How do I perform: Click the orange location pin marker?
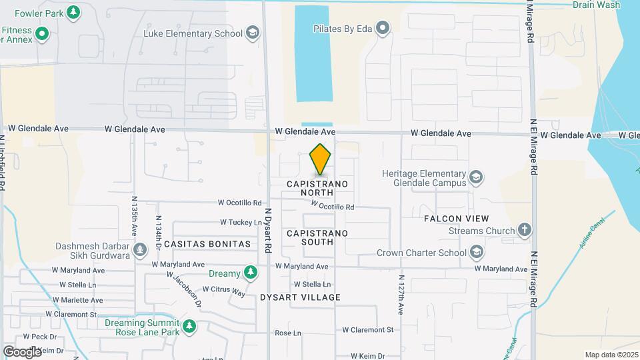point(321,160)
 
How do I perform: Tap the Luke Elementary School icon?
point(253,33)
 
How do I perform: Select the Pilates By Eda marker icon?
point(383,28)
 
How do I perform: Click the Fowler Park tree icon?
point(74,11)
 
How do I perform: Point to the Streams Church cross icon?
point(525,231)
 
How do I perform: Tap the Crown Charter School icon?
point(476,252)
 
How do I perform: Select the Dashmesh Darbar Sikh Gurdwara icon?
point(139,250)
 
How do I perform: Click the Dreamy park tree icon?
point(250,273)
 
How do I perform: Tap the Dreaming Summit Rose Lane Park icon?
point(190,326)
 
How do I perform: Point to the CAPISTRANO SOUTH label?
point(317,237)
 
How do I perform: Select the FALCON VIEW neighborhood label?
point(457,219)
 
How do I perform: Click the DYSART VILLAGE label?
point(300,297)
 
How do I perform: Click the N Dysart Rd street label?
point(268,229)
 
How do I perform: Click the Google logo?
point(22,351)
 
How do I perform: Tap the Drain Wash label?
point(596,5)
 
